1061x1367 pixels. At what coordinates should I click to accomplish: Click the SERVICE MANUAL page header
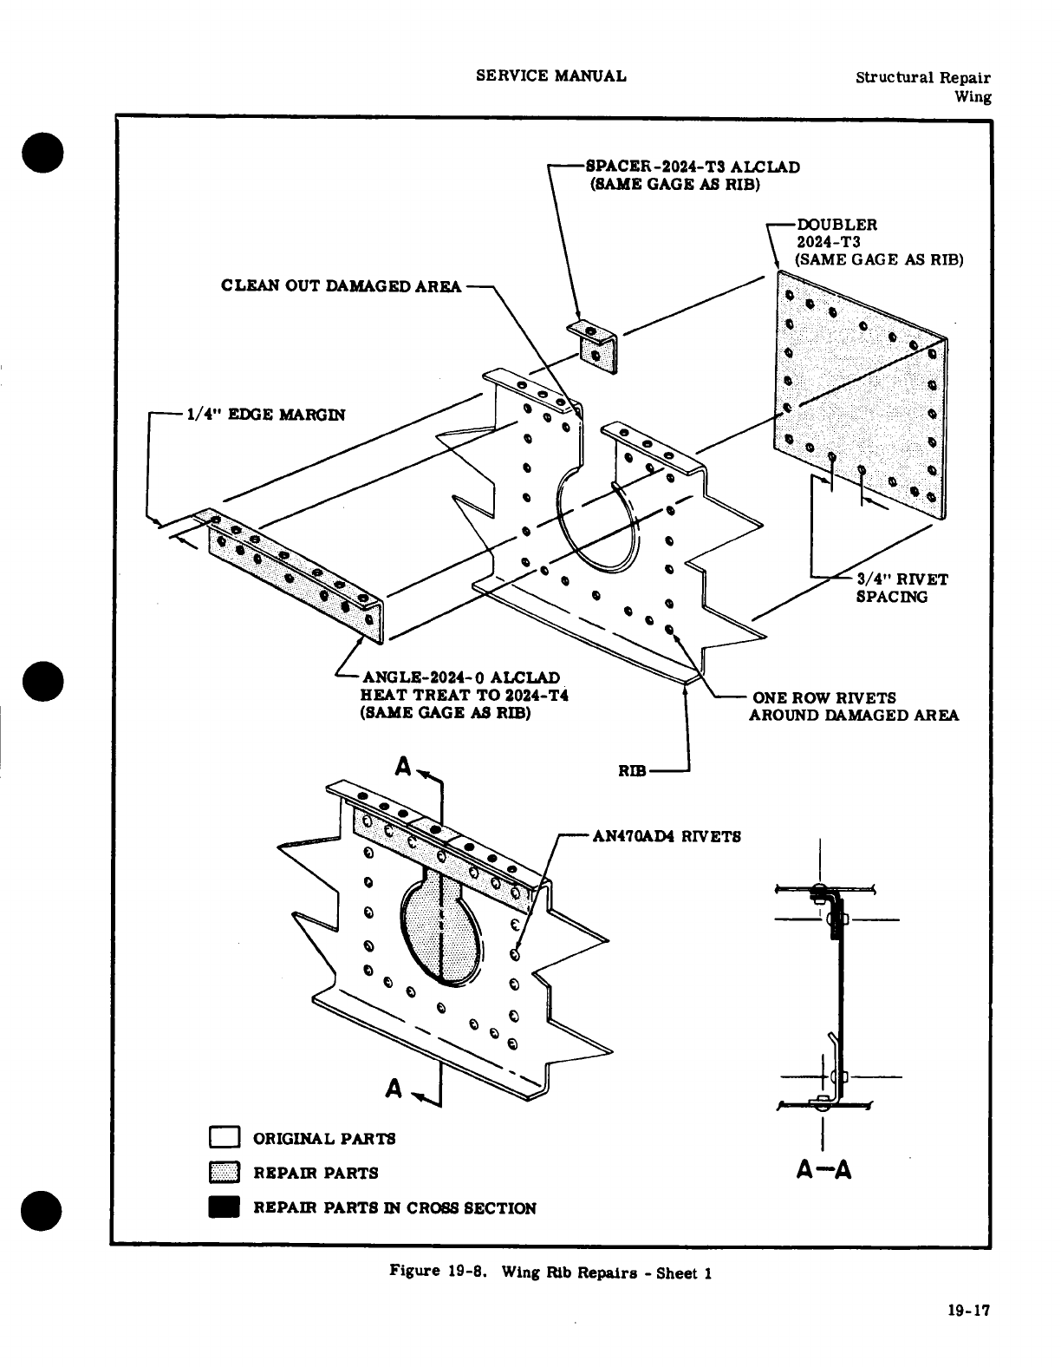click(551, 75)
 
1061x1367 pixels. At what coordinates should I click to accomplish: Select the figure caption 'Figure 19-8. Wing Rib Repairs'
click(550, 1272)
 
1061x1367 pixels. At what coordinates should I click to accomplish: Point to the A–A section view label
click(823, 1171)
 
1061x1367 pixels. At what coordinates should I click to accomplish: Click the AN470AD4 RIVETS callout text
click(666, 837)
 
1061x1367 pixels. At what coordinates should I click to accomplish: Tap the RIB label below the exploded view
click(633, 771)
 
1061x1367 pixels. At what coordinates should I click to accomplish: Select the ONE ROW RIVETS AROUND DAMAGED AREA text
click(854, 706)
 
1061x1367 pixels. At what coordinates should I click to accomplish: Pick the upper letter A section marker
click(403, 766)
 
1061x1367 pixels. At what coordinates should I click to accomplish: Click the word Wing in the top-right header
click(973, 96)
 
